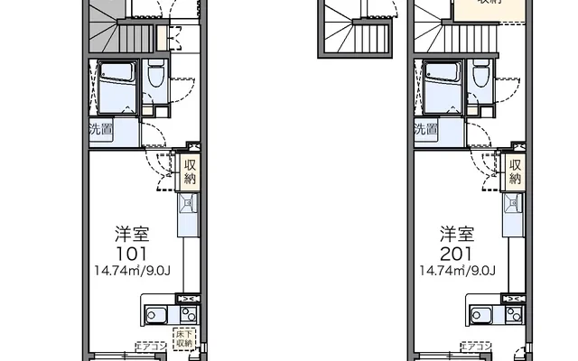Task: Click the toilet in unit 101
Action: tap(156, 77)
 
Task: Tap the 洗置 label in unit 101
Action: tap(99, 129)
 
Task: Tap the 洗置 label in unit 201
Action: tap(425, 129)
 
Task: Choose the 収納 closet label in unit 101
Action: tap(190, 171)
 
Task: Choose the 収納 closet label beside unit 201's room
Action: tap(516, 171)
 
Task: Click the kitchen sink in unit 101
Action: tap(155, 316)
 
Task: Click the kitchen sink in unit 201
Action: tap(481, 316)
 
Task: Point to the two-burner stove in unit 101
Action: tap(189, 315)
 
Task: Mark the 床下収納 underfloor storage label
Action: tap(184, 340)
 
